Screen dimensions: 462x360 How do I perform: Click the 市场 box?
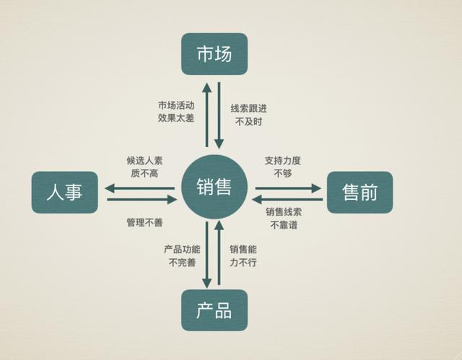coord(214,54)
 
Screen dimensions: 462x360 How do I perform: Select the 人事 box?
coord(65,192)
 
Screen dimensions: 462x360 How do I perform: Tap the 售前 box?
coord(359,192)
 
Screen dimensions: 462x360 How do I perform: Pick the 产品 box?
coord(214,310)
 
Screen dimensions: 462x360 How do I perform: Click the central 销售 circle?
coord(214,187)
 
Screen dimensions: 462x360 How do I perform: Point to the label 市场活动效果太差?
coord(176,112)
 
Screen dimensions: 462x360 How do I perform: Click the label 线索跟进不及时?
coord(248,115)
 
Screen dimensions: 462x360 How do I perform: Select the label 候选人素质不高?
coord(144,167)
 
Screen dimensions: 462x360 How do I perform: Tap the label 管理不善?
coord(144,222)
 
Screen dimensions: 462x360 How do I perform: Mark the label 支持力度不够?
coord(282,167)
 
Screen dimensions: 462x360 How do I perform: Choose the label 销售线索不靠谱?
coord(284,219)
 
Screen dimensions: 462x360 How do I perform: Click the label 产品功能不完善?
coord(182,256)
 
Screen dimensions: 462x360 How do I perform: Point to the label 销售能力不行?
coord(243,256)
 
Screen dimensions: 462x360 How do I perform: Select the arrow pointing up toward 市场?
coord(207,115)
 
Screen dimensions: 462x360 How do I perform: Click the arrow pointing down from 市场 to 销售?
coord(219,115)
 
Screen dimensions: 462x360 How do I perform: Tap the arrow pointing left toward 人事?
coord(139,188)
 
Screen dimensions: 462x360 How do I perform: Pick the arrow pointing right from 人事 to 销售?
coord(142,200)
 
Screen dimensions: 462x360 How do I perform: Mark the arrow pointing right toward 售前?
coord(289,188)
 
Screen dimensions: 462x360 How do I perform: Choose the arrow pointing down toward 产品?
coord(207,255)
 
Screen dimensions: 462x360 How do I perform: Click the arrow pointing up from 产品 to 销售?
coord(219,253)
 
